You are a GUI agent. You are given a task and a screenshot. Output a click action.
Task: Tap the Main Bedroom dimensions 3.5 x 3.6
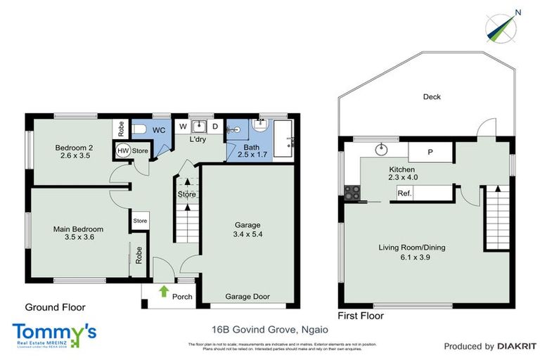tap(79, 238)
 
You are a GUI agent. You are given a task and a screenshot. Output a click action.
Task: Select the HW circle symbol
tap(122, 150)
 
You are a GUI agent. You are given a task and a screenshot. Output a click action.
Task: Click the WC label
tap(159, 130)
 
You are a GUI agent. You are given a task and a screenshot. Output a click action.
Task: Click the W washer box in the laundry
tap(183, 127)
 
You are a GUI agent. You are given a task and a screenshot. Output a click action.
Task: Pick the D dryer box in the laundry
tap(214, 127)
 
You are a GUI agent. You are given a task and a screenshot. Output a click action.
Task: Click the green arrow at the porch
tap(164, 290)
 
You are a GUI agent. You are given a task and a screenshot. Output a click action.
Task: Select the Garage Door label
tap(247, 297)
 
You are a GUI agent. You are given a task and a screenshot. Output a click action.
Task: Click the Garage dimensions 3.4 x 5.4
tap(247, 234)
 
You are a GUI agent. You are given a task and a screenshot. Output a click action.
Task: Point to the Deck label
tap(432, 97)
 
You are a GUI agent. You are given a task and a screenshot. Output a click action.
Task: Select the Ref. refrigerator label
tap(404, 193)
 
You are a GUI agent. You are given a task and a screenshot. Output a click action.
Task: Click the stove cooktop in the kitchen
tap(352, 191)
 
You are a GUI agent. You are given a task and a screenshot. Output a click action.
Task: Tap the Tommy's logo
tap(54, 333)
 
